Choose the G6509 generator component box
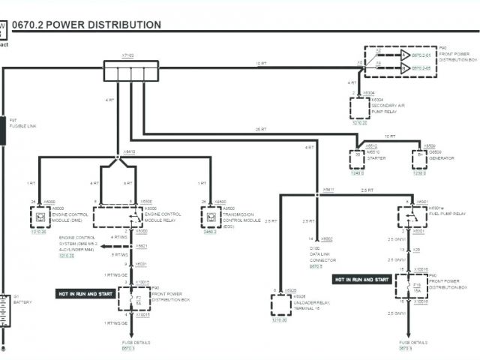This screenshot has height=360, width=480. click(419, 159)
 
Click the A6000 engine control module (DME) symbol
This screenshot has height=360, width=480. click(39, 217)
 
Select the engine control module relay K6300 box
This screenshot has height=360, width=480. click(118, 217)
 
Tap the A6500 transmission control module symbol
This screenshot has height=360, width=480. click(211, 217)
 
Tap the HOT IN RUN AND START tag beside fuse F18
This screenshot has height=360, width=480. click(362, 279)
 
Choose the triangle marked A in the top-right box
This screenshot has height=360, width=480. click(404, 55)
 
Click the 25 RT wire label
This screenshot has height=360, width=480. click(260, 130)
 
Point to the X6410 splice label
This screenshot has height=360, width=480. click(129, 151)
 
